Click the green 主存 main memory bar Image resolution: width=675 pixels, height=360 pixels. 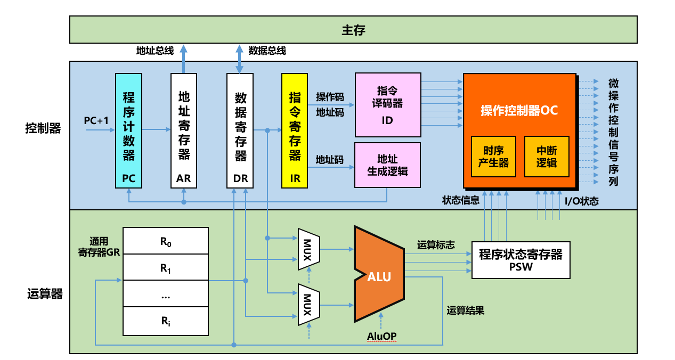coord(353,29)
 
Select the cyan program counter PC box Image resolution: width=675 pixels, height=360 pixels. coord(129,130)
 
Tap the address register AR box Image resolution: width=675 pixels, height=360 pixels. coord(184,130)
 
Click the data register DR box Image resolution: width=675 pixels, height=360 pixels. coord(240,130)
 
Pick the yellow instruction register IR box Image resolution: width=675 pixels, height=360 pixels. coord(295,130)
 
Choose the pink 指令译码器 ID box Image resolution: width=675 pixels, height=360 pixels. coord(388,105)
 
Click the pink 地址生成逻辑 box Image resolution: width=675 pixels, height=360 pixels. coord(387,165)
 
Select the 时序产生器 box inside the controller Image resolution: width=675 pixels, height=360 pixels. coord(493,157)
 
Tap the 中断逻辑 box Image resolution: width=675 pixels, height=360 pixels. coord(547,157)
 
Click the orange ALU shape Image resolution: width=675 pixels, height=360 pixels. coord(379,275)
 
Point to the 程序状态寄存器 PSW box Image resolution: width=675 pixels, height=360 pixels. coord(521,260)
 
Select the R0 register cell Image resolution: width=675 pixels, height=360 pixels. coord(166,241)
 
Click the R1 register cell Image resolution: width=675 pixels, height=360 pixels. coord(166,268)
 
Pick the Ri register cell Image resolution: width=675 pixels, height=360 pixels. coord(166,321)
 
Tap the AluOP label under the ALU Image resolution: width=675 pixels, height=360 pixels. coord(381,336)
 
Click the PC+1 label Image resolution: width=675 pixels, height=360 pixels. coord(96,121)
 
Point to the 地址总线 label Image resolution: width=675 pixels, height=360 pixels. coord(155,51)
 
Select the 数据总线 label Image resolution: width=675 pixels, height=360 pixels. coord(267,51)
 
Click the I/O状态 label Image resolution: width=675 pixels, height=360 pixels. coord(581,201)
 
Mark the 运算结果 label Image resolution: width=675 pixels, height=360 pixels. coord(465,310)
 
